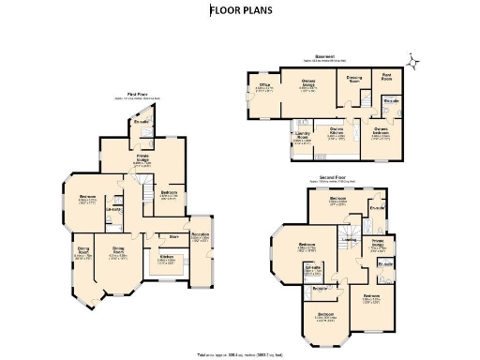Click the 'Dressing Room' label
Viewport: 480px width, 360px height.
pyautogui.click(x=353, y=78)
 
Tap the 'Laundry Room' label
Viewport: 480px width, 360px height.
pyautogui.click(x=303, y=137)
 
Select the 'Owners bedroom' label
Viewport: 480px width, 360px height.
pyautogui.click(x=382, y=130)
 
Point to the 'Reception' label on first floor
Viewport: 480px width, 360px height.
pyautogui.click(x=200, y=234)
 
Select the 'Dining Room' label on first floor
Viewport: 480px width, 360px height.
pyautogui.click(x=118, y=250)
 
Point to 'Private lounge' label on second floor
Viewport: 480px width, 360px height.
pyautogui.click(x=379, y=242)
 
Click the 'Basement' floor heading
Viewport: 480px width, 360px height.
pyautogui.click(x=325, y=55)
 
